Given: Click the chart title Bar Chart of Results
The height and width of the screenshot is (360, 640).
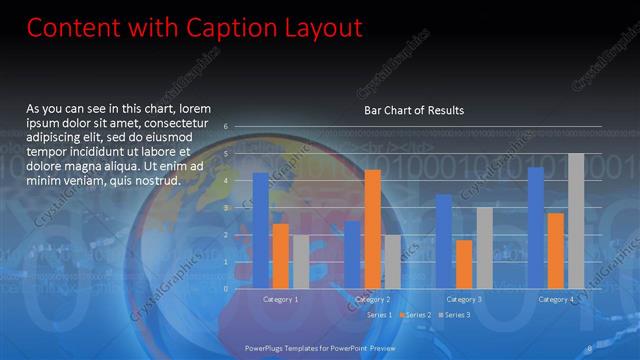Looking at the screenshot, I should pos(413,110).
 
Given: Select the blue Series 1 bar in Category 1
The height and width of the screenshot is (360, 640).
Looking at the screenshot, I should pos(261,230).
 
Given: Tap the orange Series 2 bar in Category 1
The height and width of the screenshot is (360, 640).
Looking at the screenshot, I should pos(281,256).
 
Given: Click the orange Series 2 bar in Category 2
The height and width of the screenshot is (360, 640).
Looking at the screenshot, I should pos(372,229).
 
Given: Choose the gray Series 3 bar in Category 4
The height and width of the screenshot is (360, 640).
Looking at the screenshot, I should pos(575,221).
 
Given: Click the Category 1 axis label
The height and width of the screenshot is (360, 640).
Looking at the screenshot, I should pos(281,299).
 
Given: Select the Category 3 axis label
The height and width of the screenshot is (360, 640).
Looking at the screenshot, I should pos(463,299).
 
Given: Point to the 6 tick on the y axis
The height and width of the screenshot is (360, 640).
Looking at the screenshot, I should pos(227,127).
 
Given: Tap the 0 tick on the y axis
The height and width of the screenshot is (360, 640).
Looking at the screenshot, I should pos(227,289).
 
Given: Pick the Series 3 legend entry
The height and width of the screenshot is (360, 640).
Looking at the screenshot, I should pos(455,315).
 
